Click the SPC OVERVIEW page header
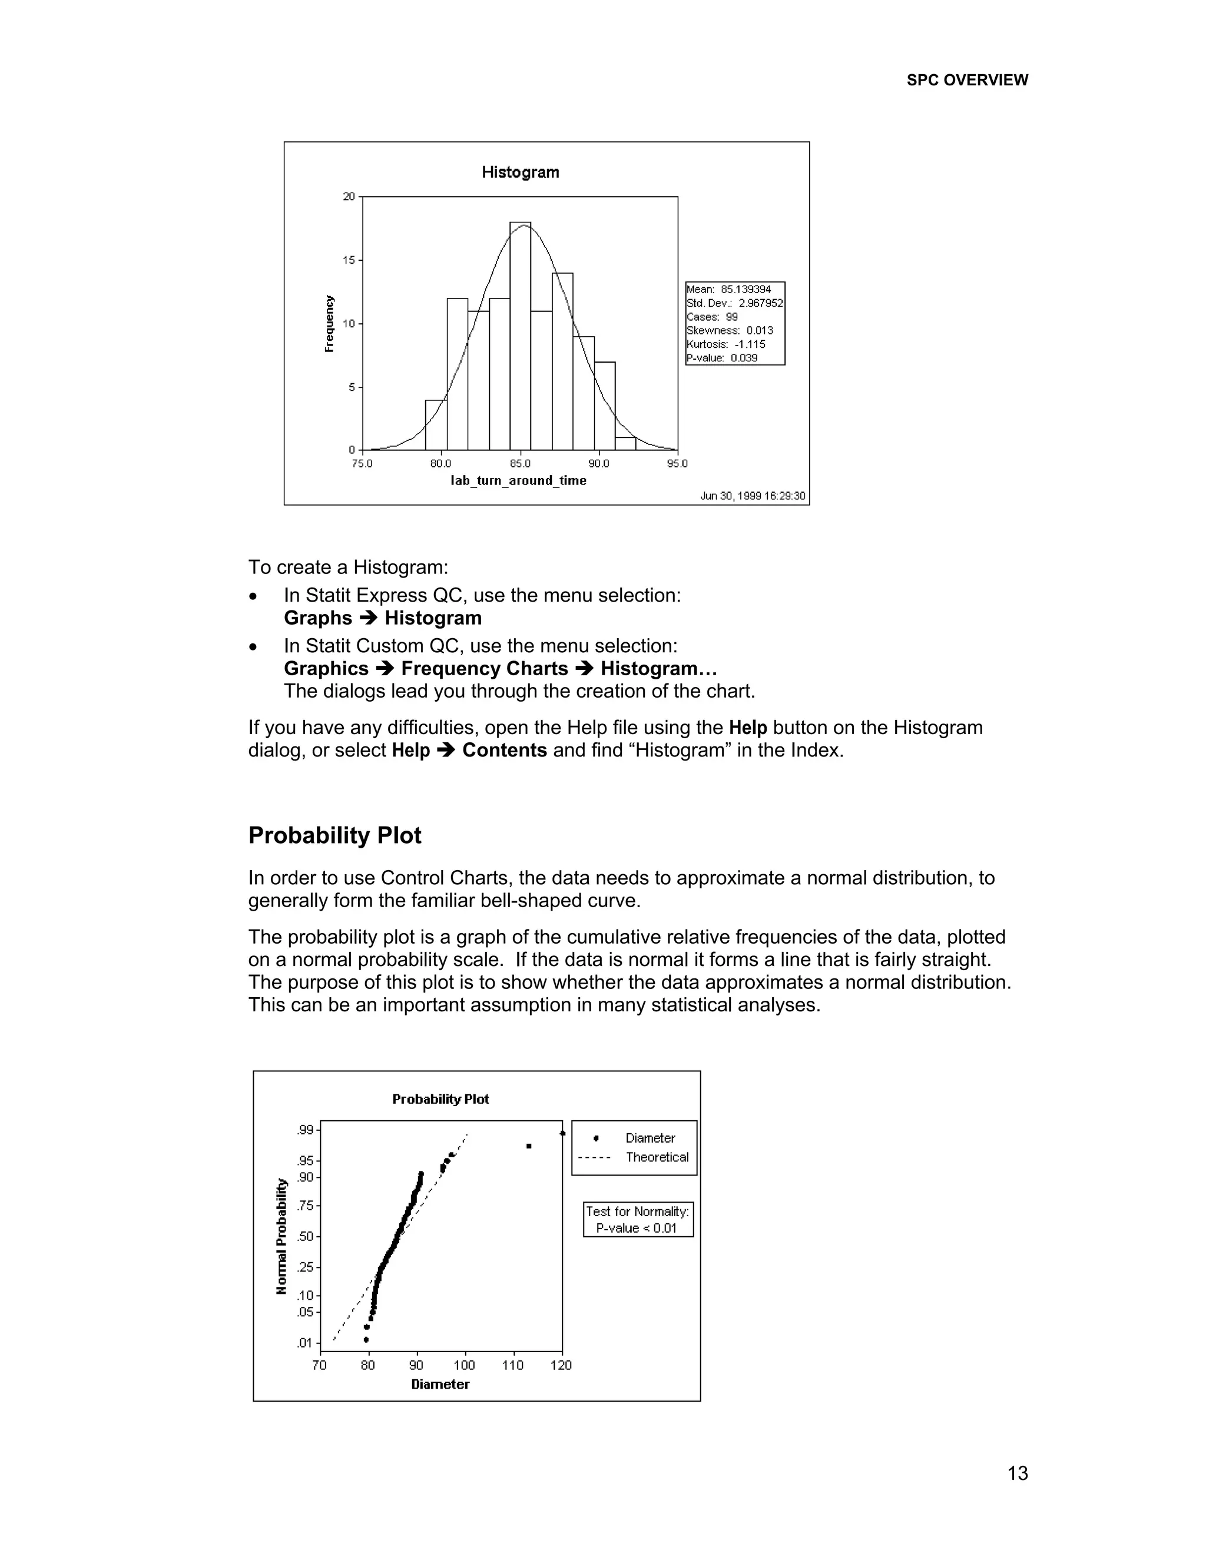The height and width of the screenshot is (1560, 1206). (x=967, y=80)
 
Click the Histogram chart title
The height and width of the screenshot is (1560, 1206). (x=520, y=172)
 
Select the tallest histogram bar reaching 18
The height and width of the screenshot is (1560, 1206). (x=520, y=336)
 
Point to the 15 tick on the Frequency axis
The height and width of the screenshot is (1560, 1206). (x=349, y=260)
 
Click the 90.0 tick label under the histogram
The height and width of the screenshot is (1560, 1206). (x=599, y=463)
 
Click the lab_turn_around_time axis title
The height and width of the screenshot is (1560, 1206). (x=518, y=481)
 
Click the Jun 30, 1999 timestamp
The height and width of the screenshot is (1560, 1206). (x=753, y=496)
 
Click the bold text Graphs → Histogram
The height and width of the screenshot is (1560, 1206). (x=382, y=618)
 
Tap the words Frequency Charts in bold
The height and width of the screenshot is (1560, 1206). (x=485, y=669)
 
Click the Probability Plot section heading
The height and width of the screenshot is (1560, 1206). (x=334, y=835)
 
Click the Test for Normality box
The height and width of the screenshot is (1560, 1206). (x=637, y=1219)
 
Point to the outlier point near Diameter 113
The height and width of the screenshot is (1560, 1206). (x=529, y=1146)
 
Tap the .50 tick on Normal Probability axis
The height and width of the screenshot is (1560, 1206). (x=305, y=1236)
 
